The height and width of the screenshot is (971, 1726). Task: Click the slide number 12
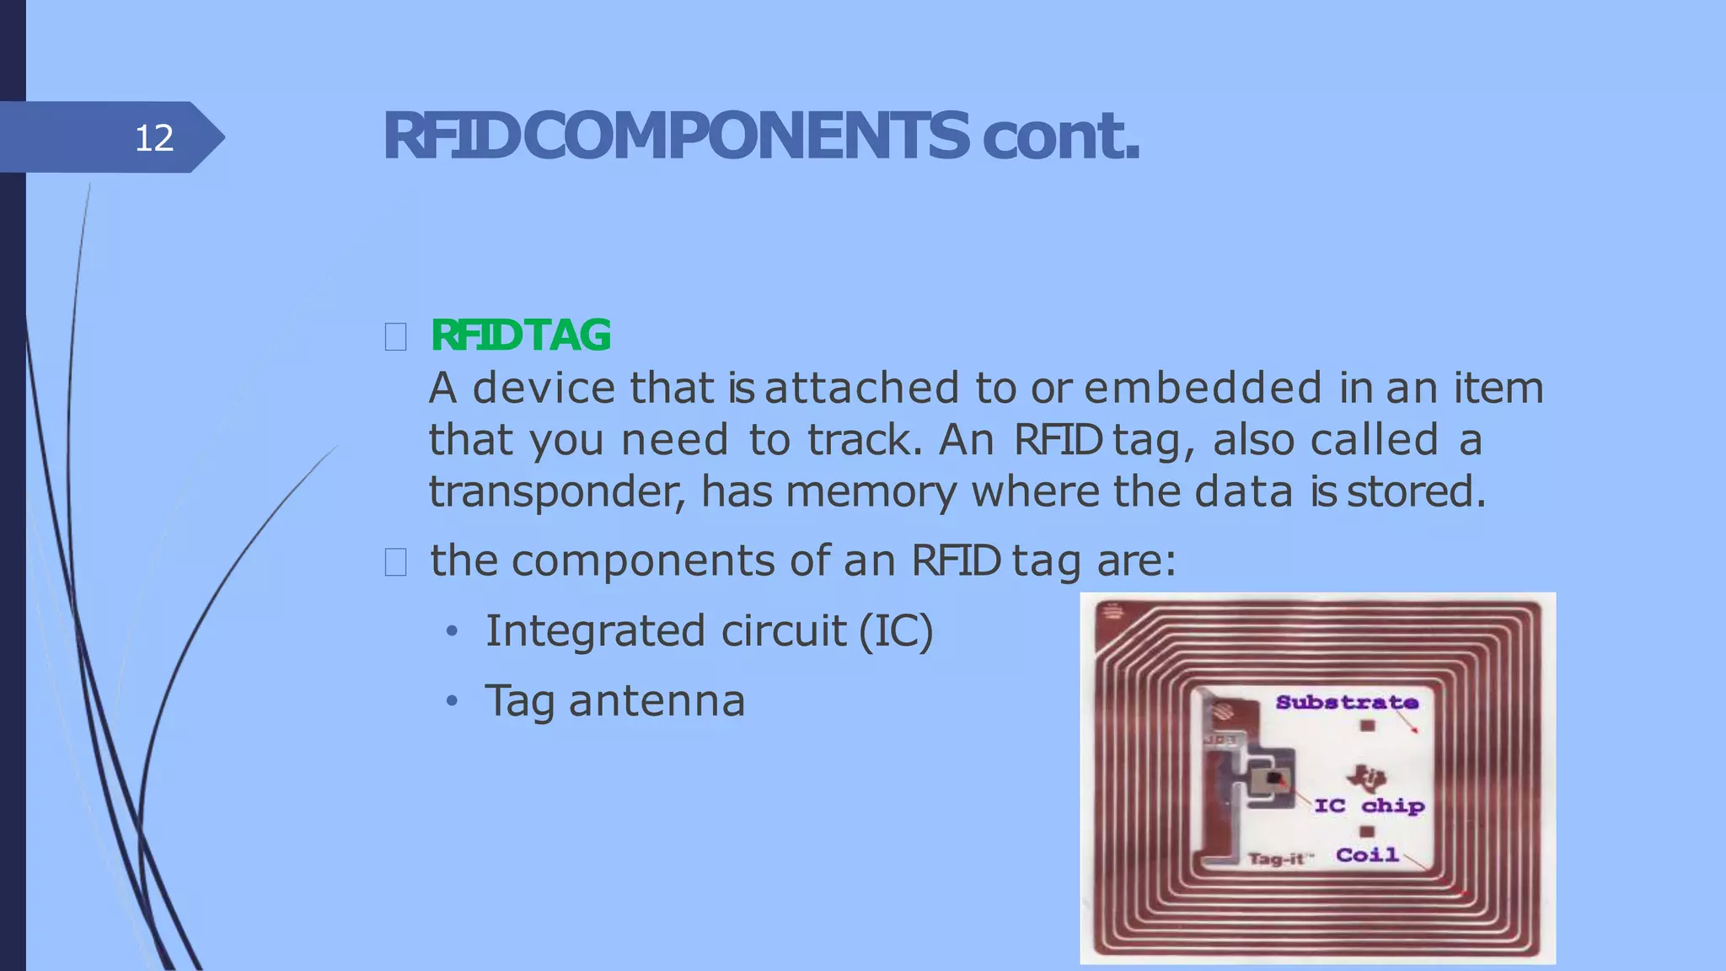click(x=154, y=137)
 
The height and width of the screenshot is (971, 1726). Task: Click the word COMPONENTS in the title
click(x=746, y=136)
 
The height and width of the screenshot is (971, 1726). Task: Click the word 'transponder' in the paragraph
click(x=556, y=492)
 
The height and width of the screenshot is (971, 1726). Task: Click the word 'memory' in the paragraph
click(x=871, y=492)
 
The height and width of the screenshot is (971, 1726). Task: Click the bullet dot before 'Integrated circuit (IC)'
click(x=453, y=631)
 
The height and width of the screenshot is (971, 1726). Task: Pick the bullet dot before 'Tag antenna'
click(x=453, y=701)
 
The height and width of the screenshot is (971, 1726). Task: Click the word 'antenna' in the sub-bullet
click(x=657, y=701)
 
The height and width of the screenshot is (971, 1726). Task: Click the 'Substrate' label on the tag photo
click(x=1346, y=702)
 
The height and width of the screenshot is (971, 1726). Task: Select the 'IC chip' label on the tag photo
click(x=1370, y=806)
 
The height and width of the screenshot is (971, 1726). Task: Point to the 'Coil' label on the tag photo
click(x=1367, y=855)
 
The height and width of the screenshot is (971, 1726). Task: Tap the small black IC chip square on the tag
click(x=1274, y=778)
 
